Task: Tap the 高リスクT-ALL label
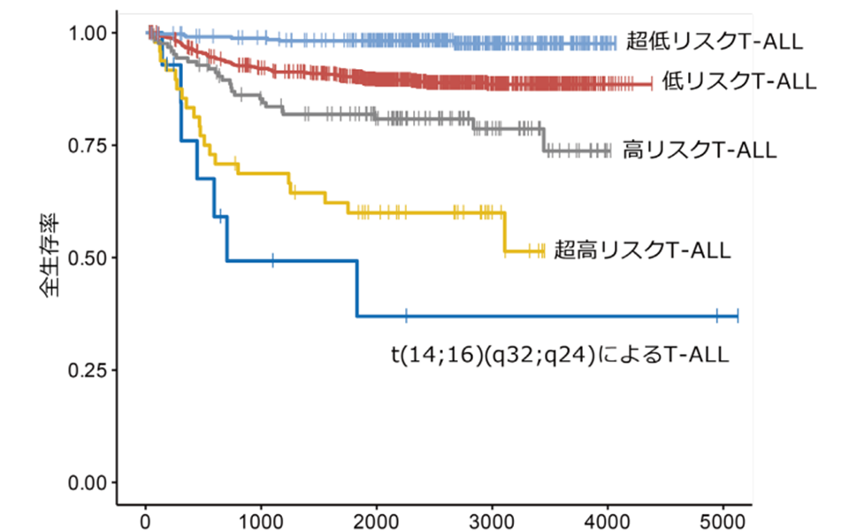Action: (700, 150)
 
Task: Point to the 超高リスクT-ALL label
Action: (642, 250)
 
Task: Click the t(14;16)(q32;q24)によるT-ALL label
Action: (560, 356)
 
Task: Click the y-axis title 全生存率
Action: (50, 258)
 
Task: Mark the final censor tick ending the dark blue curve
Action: (737, 316)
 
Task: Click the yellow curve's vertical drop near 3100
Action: (505, 232)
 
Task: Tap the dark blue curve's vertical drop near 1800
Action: (357, 289)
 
